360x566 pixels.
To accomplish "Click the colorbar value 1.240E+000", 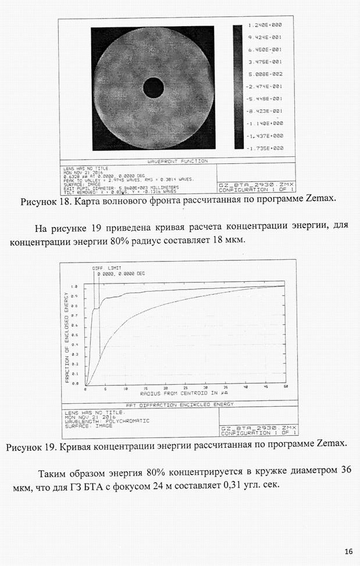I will click(x=265, y=25).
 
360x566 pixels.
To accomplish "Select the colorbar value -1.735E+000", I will click(x=265, y=148).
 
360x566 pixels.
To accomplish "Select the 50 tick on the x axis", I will click(x=285, y=387).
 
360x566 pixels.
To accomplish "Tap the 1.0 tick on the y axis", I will click(x=74, y=286).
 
